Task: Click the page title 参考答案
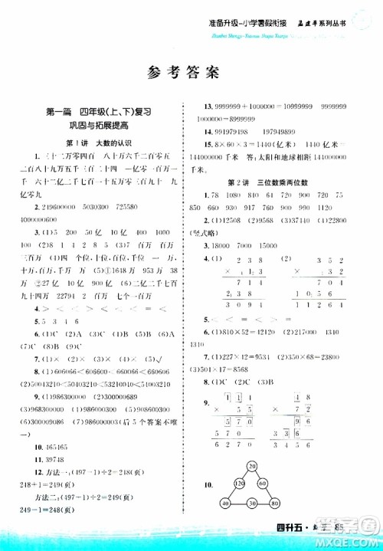click(191, 73)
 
